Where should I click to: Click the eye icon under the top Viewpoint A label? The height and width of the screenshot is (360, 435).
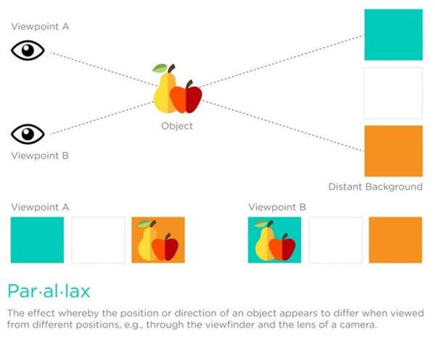[x=28, y=50]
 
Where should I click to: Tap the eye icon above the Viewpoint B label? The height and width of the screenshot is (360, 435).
[x=28, y=134]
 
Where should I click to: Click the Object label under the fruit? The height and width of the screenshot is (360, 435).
[x=177, y=126]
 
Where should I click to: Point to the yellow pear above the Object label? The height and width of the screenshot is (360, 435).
[x=164, y=91]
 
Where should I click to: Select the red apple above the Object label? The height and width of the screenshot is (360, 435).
[x=186, y=98]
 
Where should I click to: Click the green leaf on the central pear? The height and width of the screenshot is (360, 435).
[x=159, y=68]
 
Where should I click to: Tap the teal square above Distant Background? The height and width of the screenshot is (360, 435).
[x=394, y=35]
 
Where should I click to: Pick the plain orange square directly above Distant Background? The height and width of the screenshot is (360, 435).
[x=394, y=151]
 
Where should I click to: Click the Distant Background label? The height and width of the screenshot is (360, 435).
[x=376, y=187]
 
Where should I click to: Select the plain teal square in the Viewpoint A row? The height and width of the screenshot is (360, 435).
[x=37, y=240]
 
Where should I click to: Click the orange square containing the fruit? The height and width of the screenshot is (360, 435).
[x=158, y=240]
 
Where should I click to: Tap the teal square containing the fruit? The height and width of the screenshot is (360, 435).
[x=274, y=240]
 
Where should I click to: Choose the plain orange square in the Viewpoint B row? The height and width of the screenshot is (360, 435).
[x=395, y=240]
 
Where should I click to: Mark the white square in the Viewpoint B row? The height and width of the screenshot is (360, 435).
[x=336, y=240]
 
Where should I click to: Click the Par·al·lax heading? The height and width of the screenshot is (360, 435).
[x=49, y=291]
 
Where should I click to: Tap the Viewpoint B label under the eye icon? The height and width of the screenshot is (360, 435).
[x=40, y=156]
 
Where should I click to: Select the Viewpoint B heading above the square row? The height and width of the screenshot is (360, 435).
[x=277, y=207]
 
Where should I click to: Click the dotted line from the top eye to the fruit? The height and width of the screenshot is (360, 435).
[x=104, y=69]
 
